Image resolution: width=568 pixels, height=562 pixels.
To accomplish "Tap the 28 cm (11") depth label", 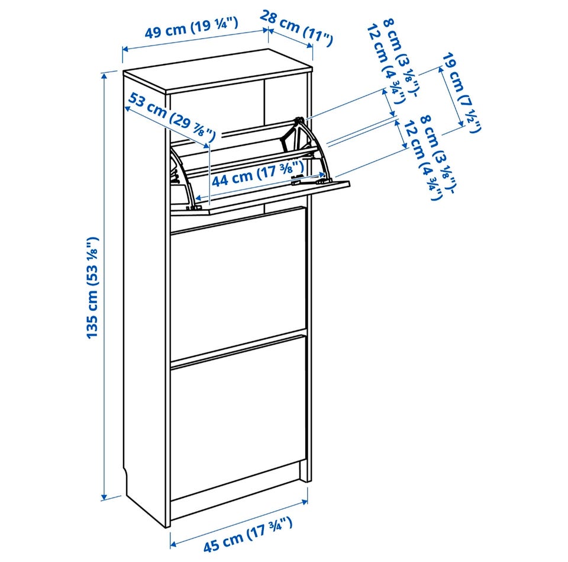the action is (296, 29).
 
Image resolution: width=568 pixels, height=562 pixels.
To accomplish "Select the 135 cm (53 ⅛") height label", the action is (93, 288).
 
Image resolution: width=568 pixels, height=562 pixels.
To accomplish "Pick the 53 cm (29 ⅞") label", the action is (172, 117).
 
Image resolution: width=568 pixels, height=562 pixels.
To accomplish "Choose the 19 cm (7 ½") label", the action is (461, 92).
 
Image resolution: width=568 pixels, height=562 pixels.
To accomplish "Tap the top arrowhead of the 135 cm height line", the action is (105, 75).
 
